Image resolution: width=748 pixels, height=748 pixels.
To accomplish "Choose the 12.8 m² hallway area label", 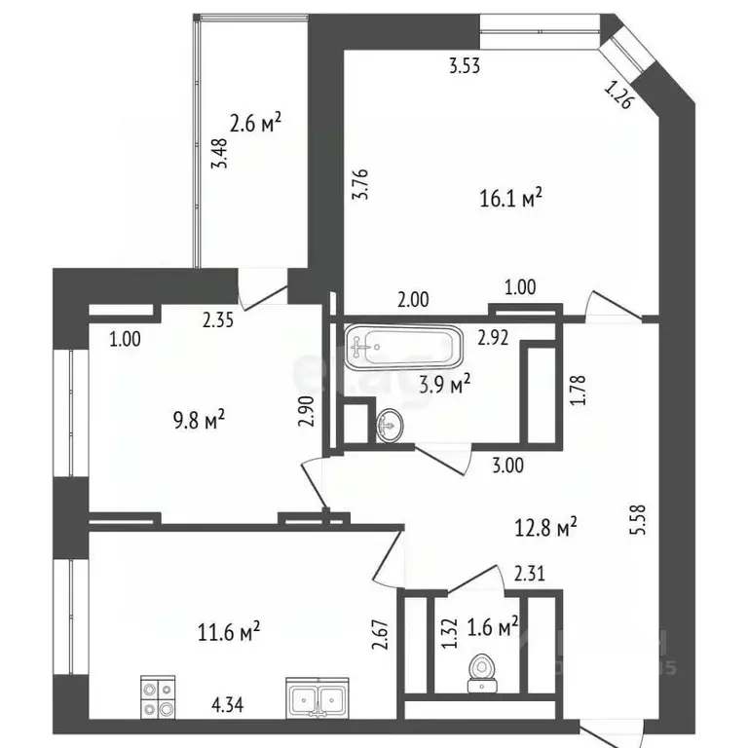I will click(544, 529).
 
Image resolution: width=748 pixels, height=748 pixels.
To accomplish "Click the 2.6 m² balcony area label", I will click(254, 124).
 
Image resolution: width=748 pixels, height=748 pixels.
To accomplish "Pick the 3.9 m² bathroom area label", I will click(444, 383).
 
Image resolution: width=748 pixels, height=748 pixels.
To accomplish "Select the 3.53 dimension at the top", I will click(466, 67).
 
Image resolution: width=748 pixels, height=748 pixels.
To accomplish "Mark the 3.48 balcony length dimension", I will click(221, 154).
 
